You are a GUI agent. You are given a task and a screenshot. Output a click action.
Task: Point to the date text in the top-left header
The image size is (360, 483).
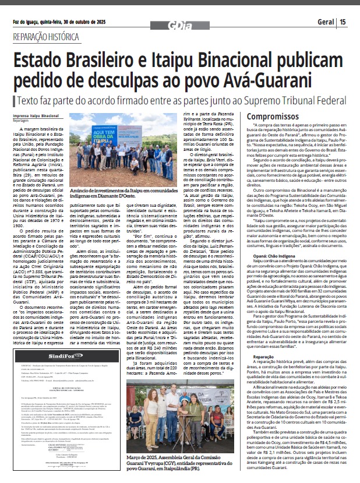click(x=50, y=22)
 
